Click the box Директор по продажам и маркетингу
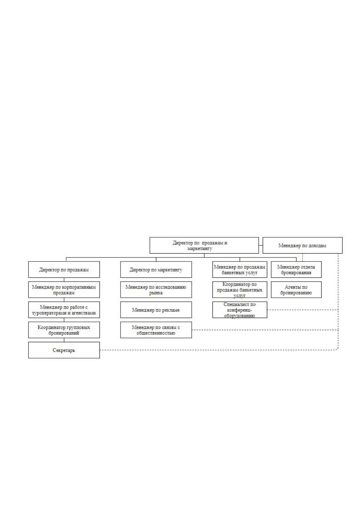[x=204, y=245]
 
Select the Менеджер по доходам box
[x=302, y=245]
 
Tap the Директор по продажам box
[x=64, y=270]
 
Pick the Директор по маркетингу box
[x=156, y=270]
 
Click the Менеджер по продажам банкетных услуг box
[x=239, y=270]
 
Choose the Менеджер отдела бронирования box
[x=296, y=270]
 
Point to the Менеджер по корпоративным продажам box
[x=64, y=290]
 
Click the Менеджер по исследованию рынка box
[x=156, y=290]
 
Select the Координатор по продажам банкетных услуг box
[x=239, y=290]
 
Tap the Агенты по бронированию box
[x=296, y=290]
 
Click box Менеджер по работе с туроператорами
[x=64, y=310]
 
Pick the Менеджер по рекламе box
[x=156, y=310]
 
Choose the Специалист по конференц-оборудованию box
[x=239, y=310]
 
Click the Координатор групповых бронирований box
[x=64, y=330]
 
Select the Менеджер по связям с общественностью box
[x=156, y=330]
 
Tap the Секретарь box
[x=64, y=350]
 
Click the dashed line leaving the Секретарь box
[x=218, y=350]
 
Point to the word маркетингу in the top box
[x=199, y=248]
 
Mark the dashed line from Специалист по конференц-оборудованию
[x=303, y=310]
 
